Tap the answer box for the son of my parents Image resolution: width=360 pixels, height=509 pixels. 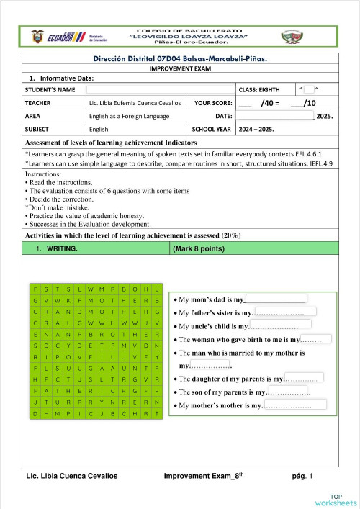(x=289, y=392)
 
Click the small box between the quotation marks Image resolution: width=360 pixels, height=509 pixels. (x=309, y=89)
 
